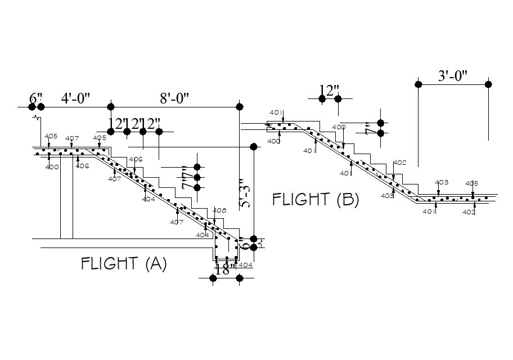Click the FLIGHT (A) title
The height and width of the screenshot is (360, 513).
124,264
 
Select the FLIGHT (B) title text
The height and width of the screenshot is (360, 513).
316,200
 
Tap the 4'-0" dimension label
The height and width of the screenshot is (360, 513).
76,99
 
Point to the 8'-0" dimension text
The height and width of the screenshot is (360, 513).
174,99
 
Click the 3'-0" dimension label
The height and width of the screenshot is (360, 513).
453,76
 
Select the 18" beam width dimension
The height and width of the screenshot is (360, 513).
226,269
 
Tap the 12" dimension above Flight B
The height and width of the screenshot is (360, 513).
330,91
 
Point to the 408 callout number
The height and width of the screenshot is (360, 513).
219,210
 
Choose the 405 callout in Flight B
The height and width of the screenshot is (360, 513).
471,183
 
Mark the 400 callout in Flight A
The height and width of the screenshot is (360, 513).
52,167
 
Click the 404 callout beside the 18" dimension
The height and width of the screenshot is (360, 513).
245,264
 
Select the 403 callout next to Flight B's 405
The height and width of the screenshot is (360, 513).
442,182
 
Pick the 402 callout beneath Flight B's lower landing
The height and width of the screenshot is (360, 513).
469,212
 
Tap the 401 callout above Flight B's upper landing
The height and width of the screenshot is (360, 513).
276,113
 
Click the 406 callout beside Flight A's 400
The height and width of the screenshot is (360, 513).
82,166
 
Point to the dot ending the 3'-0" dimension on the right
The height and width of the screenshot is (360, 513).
488,84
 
